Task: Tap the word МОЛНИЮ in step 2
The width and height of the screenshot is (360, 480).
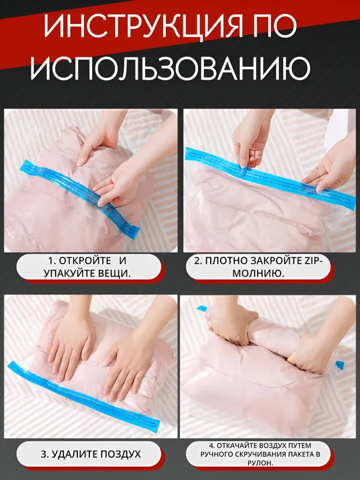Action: (x=258, y=273)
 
